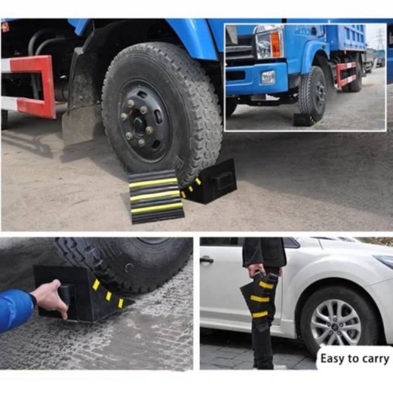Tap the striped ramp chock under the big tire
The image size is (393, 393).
point(156,196)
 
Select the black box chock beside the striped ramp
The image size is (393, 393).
point(212,182)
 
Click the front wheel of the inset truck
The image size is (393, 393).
point(313,94)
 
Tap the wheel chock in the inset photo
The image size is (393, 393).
point(303,119)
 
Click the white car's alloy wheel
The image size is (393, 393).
point(335,322)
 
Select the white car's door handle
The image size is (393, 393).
point(207,260)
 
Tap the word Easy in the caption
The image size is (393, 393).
point(332,357)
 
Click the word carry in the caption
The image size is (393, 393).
point(375,358)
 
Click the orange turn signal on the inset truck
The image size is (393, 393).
point(276,44)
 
